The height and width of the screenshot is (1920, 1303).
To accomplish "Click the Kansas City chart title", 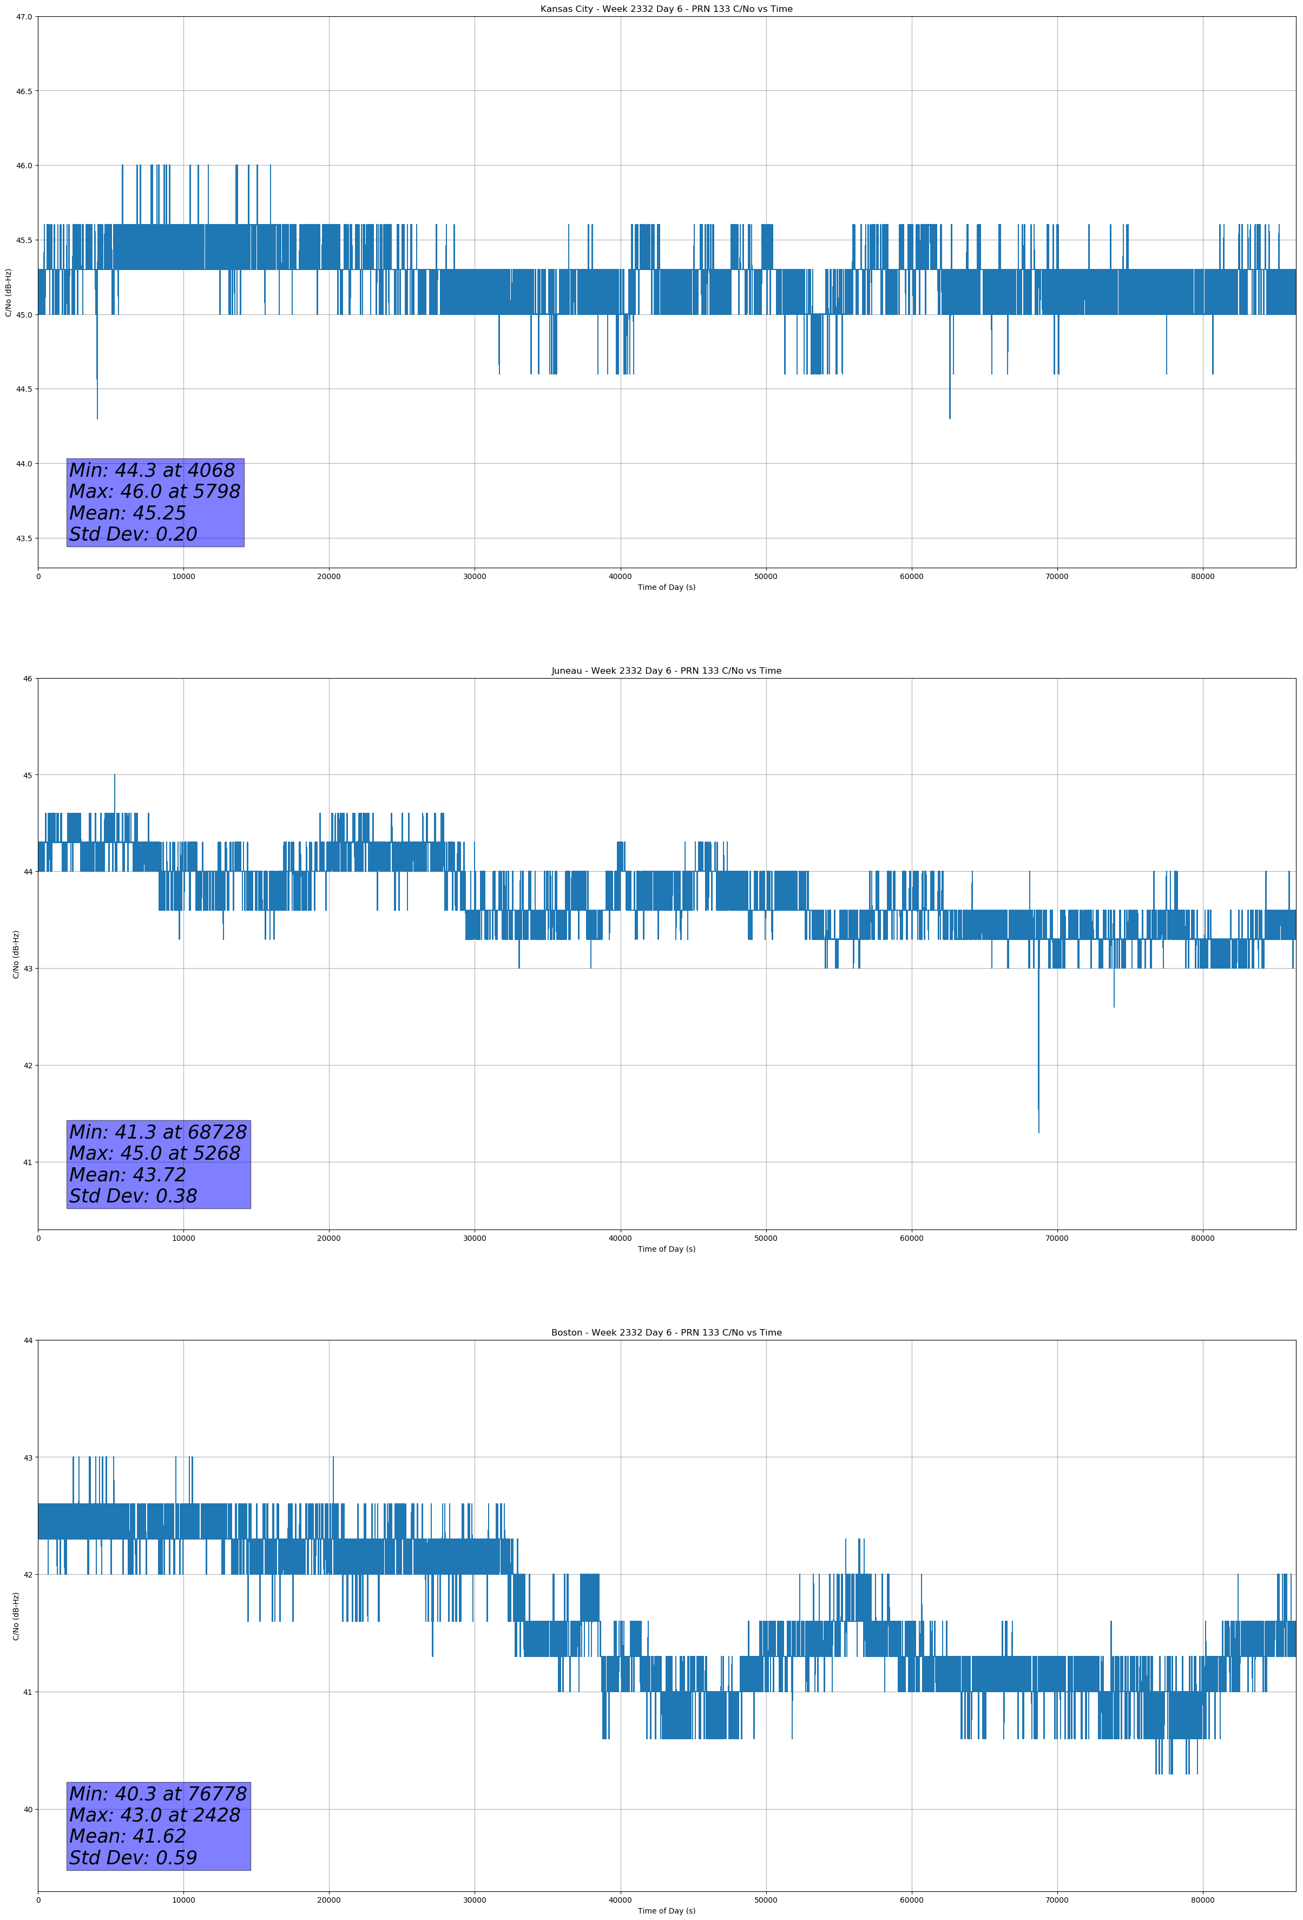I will click(x=666, y=9).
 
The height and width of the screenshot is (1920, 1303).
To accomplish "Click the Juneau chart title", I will click(x=666, y=671).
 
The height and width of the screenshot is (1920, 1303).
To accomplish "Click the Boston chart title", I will click(x=666, y=1333).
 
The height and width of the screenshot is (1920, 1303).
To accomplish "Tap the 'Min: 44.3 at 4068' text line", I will click(x=152, y=470).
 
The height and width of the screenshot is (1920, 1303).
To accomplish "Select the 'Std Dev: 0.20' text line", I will click(x=133, y=535).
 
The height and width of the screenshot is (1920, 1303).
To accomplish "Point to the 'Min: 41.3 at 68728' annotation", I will click(x=158, y=1132).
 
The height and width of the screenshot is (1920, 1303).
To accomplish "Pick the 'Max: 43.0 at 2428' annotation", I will click(x=155, y=1815).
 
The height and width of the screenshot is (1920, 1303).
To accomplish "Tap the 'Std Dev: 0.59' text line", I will click(x=133, y=1858).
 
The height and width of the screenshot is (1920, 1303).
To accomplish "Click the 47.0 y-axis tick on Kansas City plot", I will click(x=24, y=17).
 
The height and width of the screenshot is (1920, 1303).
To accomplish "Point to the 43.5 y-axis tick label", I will click(x=24, y=538).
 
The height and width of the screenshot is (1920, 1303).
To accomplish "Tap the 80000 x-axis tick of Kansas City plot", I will click(x=1202, y=577).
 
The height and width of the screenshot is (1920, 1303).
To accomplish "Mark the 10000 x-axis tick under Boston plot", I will click(x=183, y=1900).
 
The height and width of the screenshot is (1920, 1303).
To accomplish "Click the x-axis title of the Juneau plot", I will click(x=666, y=1249).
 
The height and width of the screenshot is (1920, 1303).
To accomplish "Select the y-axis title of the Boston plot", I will click(x=16, y=1616).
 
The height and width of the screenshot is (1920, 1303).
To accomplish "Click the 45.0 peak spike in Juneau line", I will click(x=115, y=777).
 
